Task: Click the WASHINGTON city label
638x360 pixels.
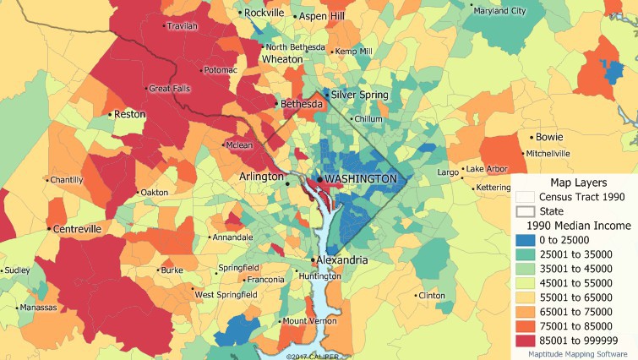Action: tap(360, 179)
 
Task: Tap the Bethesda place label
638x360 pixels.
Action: tap(302, 104)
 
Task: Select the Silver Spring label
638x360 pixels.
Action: tap(359, 95)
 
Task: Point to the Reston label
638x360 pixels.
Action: tap(129, 113)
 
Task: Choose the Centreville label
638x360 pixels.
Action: tap(76, 229)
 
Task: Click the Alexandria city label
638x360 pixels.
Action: tap(342, 260)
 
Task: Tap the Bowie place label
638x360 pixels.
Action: tap(549, 137)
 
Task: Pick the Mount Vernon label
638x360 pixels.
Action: tap(309, 321)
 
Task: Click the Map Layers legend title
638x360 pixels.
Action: tap(579, 182)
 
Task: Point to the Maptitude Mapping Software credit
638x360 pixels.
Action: tap(578, 355)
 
